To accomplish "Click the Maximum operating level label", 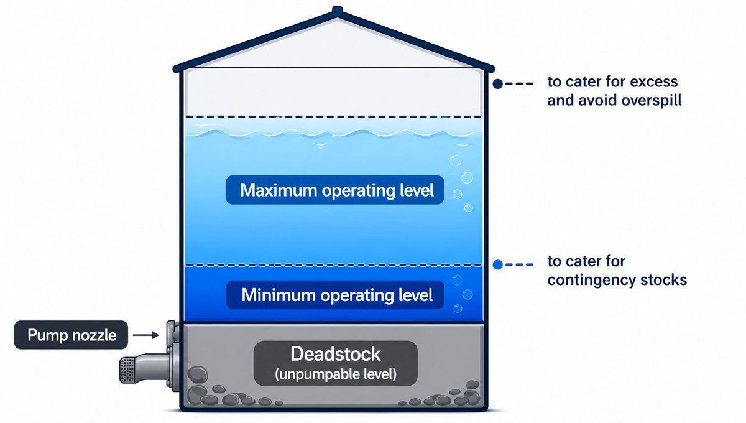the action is (x=334, y=190).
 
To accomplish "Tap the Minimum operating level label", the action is (x=334, y=295).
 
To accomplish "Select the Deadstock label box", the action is (x=335, y=363).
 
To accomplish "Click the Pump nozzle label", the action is (x=71, y=335).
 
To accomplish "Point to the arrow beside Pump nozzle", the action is (x=146, y=335).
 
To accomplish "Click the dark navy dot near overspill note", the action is (x=497, y=84).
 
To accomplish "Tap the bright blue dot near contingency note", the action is (x=497, y=264).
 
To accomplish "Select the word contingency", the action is (x=591, y=280).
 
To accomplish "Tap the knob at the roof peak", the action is (x=337, y=11).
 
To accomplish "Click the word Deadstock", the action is (x=335, y=354).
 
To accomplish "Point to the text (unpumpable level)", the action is (x=336, y=374).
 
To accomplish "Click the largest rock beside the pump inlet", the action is (x=198, y=374).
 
